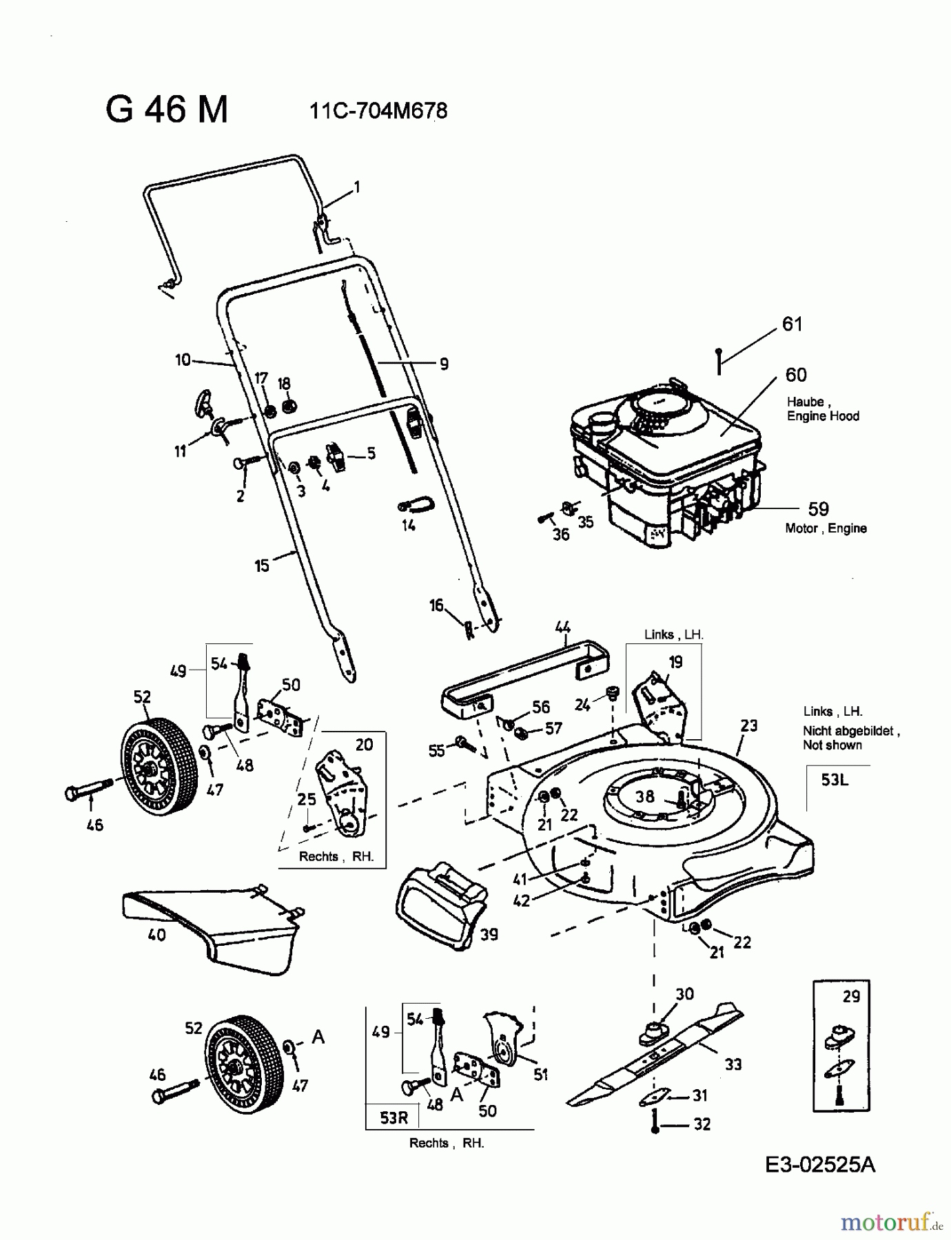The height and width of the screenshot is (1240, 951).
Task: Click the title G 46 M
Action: pos(166,110)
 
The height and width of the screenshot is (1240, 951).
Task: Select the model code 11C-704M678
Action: pos(378,111)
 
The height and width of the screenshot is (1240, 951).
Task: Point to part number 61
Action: pos(792,324)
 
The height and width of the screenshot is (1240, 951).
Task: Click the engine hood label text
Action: pos(823,409)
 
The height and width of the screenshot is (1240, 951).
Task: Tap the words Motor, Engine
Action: pos(826,528)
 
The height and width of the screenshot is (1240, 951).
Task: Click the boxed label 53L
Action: pos(835,780)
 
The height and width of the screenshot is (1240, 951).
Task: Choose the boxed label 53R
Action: pos(394,1117)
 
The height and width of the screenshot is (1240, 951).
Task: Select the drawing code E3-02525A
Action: pos(820,1165)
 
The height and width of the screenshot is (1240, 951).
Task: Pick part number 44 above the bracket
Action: pos(563,627)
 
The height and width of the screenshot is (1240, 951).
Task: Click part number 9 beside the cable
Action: pos(444,364)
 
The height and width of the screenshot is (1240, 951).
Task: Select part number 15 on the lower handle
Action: pos(262,566)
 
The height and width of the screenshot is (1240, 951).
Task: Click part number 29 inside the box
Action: pos(851,996)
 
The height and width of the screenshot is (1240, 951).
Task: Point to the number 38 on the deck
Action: pos(645,796)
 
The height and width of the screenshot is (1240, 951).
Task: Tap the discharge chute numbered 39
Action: pos(441,906)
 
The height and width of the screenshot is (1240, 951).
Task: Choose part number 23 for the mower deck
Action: pos(749,725)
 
